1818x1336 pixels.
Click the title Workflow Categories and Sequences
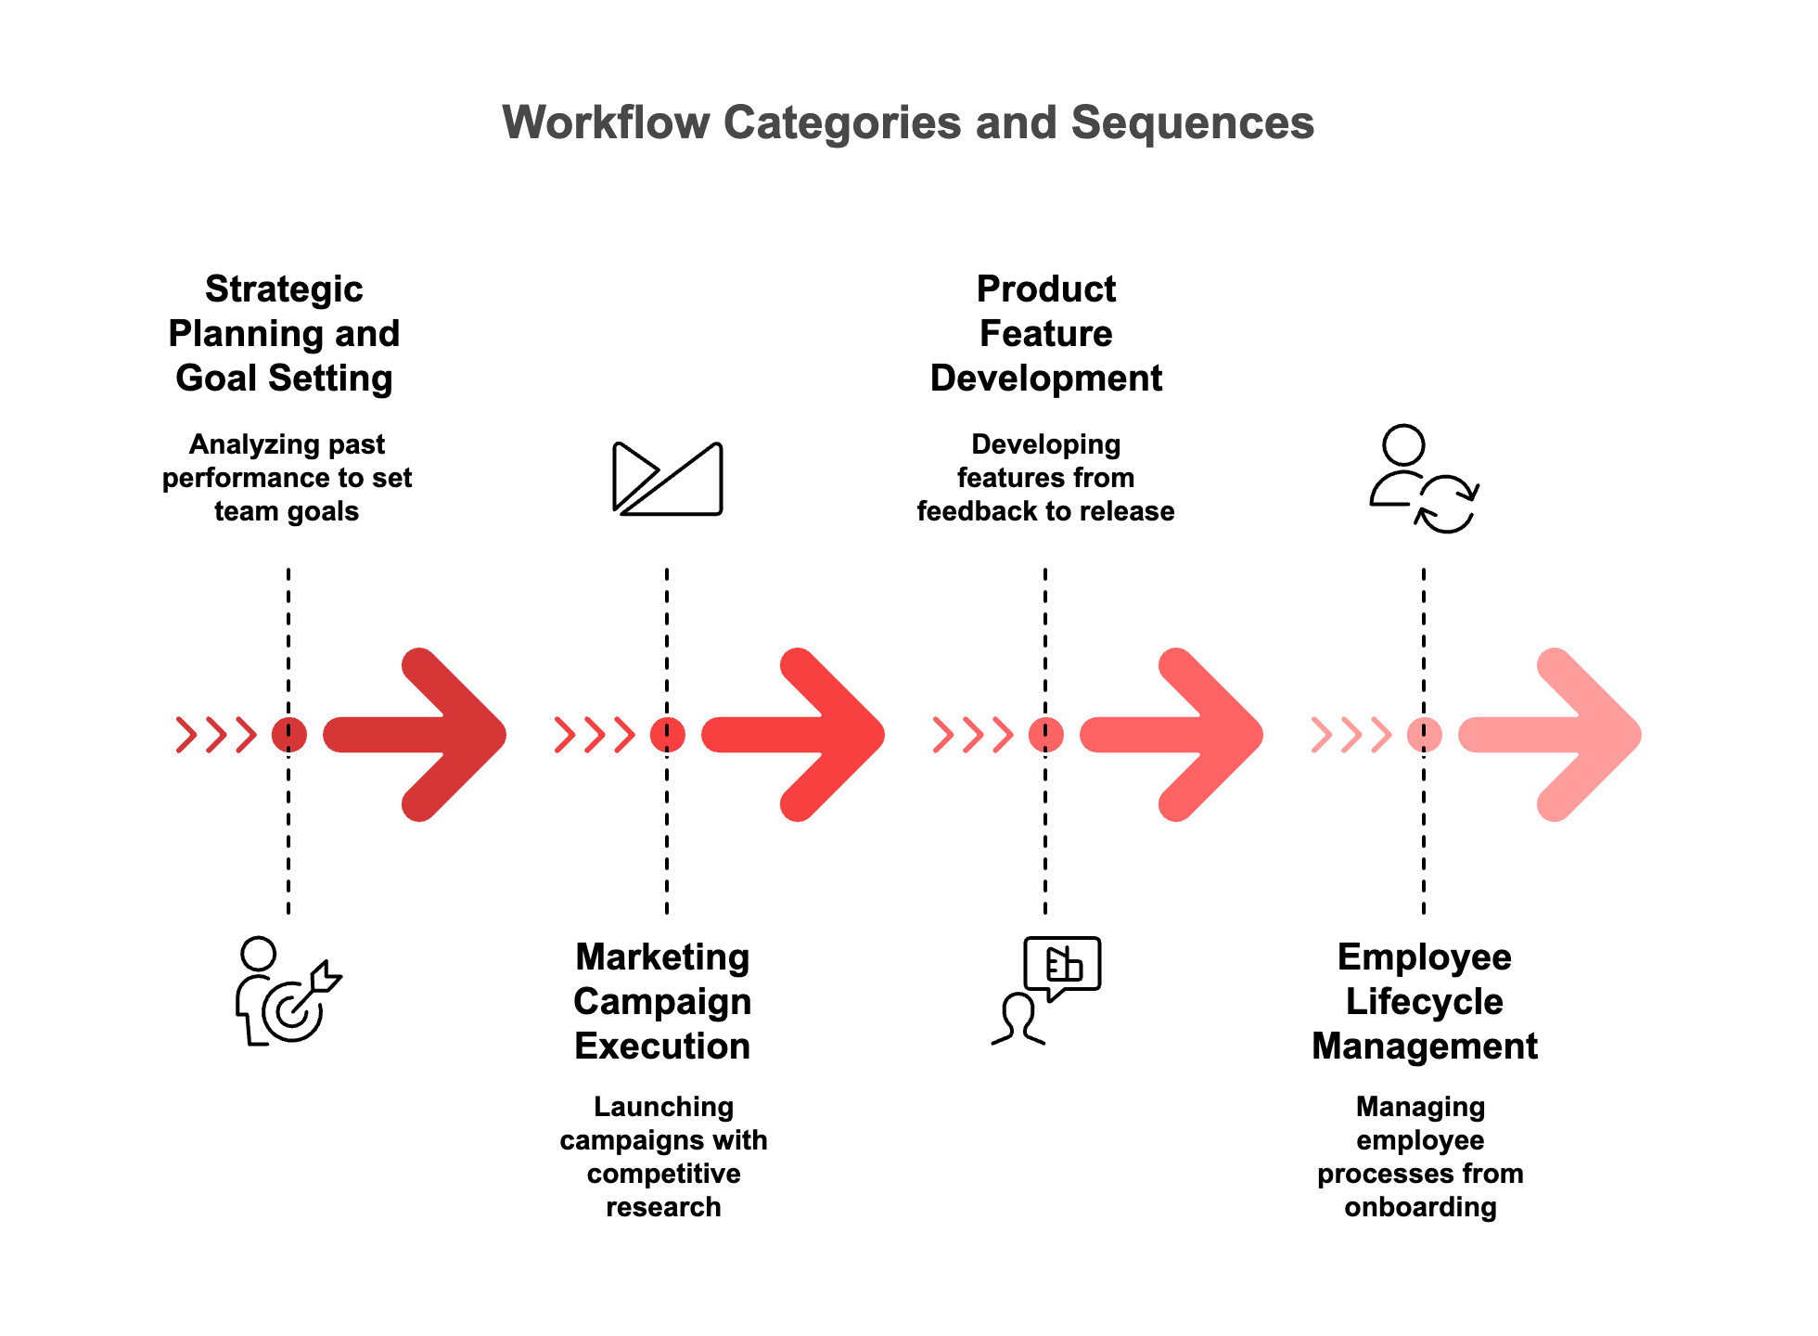(908, 122)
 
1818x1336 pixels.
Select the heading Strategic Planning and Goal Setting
(284, 334)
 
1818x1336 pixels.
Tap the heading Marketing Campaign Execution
(662, 1002)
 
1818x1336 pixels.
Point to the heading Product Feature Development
(1045, 334)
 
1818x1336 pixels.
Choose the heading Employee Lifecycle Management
(1424, 1002)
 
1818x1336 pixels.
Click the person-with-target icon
(286, 991)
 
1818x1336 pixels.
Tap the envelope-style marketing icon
(667, 479)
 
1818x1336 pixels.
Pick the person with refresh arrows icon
(1424, 479)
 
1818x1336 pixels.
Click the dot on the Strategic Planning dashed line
(288, 735)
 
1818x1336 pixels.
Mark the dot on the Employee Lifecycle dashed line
(1424, 735)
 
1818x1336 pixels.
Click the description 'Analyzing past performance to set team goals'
(287, 478)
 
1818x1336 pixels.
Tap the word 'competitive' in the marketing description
(663, 1174)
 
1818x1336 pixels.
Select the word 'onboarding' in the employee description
(1420, 1207)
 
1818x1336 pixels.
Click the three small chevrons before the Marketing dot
(595, 735)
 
